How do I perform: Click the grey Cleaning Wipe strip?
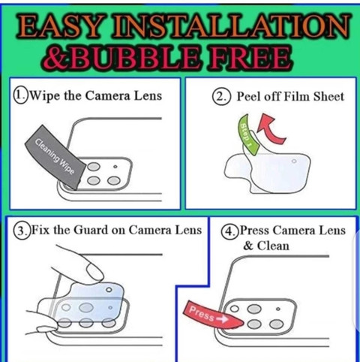55,157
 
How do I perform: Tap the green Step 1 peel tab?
247,134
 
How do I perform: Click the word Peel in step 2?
247,96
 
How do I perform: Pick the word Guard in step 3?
91,230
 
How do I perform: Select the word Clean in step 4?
273,246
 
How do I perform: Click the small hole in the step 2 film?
294,161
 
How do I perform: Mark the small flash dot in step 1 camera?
115,166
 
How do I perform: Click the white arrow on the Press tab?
223,318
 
